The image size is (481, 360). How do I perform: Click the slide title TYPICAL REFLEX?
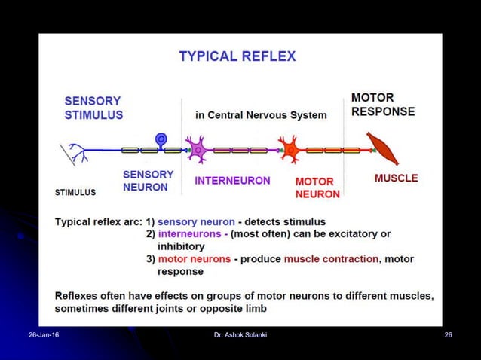tap(237, 56)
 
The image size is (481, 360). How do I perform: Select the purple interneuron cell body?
tap(198, 149)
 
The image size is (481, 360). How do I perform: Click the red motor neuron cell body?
tap(289, 149)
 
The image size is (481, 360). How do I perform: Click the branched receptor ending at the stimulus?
tap(74, 154)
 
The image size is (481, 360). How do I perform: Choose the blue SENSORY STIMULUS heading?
tap(93, 108)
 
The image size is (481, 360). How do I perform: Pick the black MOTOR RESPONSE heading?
tap(382, 105)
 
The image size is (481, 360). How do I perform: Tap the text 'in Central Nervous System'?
tap(261, 115)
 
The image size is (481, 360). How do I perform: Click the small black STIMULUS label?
tap(75, 192)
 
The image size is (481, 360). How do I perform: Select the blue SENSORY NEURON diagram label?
tap(148, 180)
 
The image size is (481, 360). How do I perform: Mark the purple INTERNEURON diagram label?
tap(232, 181)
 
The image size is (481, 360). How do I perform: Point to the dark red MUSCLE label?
tap(396, 178)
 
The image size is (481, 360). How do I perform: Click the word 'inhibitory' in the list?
tap(181, 246)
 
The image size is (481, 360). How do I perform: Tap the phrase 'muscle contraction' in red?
tap(331, 259)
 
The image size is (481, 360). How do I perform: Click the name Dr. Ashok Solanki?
tap(240, 334)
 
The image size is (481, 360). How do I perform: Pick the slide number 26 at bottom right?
tap(448, 334)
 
